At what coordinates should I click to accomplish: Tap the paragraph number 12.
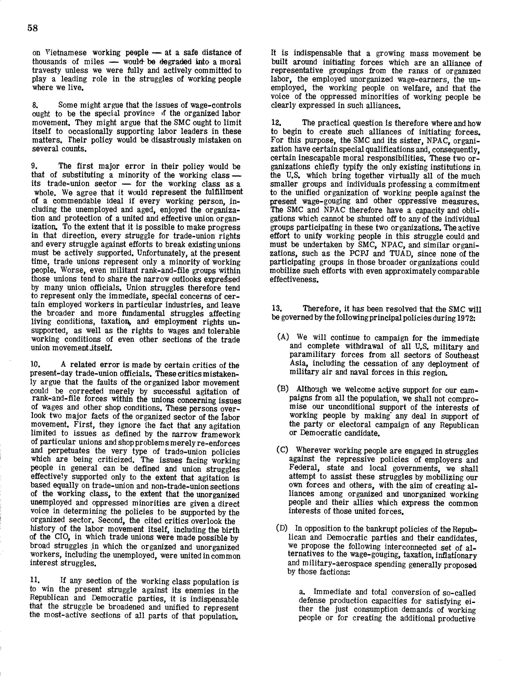(x=276, y=123)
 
